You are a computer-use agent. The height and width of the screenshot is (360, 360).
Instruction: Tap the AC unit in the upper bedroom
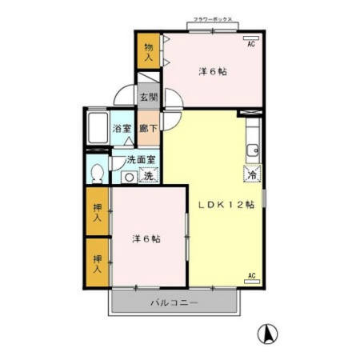[250, 38]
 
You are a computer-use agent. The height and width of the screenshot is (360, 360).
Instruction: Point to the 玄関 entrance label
[148, 98]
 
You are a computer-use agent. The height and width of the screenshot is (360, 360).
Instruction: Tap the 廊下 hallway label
[148, 128]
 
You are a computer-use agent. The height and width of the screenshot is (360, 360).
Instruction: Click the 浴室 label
[122, 128]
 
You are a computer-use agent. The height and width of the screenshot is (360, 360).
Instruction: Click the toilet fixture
[97, 173]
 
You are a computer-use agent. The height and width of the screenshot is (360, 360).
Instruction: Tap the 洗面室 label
[141, 159]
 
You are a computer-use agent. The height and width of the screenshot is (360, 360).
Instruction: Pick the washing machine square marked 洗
[148, 175]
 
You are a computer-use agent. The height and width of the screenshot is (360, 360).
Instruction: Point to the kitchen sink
[250, 149]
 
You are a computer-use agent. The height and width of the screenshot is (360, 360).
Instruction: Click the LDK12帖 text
[226, 204]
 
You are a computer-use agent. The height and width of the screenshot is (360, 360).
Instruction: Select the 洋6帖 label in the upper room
[212, 72]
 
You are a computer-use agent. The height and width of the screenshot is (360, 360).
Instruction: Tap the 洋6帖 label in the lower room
[146, 238]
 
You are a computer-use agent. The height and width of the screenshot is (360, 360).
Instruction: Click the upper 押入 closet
[98, 212]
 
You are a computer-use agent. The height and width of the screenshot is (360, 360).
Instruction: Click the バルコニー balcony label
[174, 303]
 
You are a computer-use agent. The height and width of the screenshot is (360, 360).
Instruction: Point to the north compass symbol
[270, 332]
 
